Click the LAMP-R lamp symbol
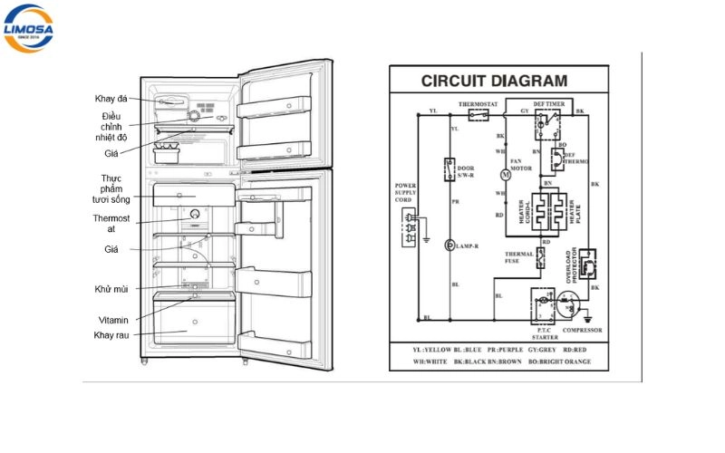(449, 246)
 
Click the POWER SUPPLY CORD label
(406, 193)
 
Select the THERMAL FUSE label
(519, 258)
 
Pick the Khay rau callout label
(111, 335)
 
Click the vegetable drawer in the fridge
(193, 323)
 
